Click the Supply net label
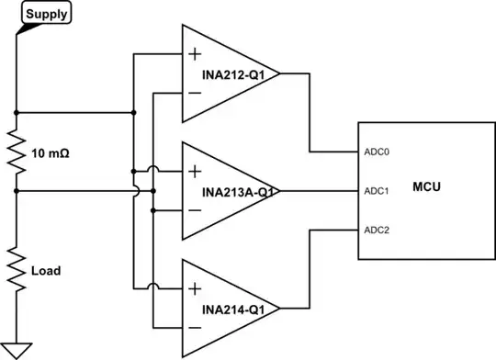click(44, 15)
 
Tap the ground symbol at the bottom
click(17, 349)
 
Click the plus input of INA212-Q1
click(195, 54)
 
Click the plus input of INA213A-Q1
click(195, 171)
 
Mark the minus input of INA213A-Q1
click(195, 210)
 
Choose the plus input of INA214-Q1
click(195, 288)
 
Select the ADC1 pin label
click(378, 191)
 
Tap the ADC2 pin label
click(378, 230)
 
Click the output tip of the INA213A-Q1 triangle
click(277, 191)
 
